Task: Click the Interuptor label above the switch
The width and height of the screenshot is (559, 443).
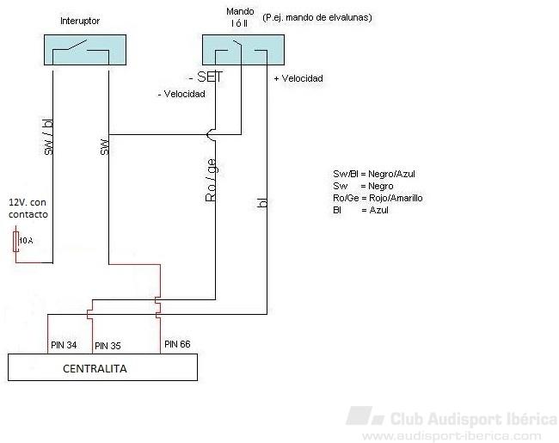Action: point(81,20)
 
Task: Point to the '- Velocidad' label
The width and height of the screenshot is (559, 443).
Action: point(181,94)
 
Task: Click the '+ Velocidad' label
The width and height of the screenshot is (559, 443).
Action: point(298,78)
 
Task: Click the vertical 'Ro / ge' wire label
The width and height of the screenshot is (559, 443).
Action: point(211,180)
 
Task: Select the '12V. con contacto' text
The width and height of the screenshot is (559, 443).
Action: point(28,207)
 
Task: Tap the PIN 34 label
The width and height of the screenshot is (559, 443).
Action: point(63,345)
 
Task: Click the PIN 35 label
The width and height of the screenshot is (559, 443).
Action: point(107,346)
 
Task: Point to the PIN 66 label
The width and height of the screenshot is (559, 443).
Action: point(176,344)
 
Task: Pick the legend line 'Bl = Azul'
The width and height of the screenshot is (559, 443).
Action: point(360,210)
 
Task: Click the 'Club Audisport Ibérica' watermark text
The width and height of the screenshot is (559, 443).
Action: point(473,420)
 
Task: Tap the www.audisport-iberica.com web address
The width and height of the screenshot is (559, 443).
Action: point(451,436)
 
